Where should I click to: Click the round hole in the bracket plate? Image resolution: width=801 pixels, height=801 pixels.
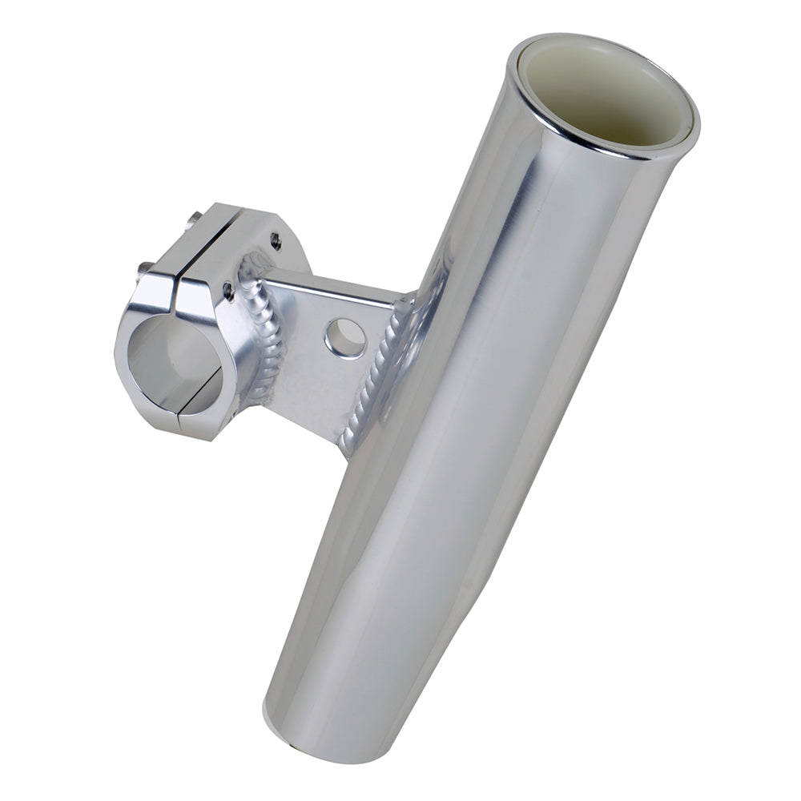[x=346, y=338]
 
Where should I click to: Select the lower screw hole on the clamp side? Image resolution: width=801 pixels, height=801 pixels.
[x=229, y=292]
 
